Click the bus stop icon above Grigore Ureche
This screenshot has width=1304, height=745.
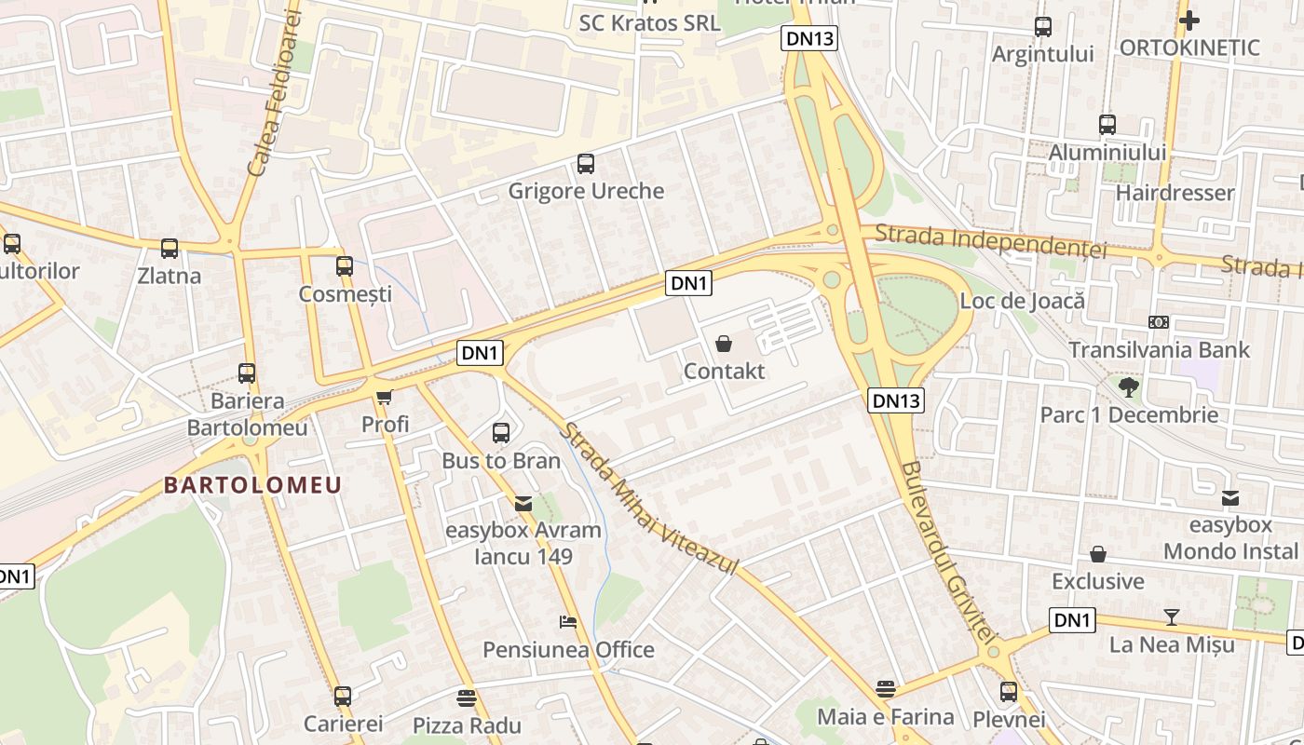pos(585,164)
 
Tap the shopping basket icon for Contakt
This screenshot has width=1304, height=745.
pos(724,345)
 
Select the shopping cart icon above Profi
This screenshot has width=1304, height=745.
pos(384,398)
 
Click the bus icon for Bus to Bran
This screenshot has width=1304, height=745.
pos(501,433)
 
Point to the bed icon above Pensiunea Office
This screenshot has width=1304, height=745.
pos(567,622)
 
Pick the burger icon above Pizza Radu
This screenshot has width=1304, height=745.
pos(467,698)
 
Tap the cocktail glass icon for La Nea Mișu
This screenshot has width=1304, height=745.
pos(1171,617)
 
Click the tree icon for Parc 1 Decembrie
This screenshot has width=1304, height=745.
pos(1129,387)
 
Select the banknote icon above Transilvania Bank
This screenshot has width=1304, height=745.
pos(1158,322)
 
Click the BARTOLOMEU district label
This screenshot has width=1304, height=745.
pos(253,485)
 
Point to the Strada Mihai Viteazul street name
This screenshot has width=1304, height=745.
pos(649,499)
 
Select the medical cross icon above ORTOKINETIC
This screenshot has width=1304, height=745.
pos(1189,20)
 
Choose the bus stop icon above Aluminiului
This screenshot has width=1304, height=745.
pos(1107,125)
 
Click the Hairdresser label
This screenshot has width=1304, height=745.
pos(1175,193)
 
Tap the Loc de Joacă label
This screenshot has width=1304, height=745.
pos(1022,301)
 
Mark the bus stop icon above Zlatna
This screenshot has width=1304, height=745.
pos(169,249)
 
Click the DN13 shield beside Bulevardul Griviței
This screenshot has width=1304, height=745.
pos(896,400)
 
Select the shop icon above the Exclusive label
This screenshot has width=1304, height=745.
pos(1098,554)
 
